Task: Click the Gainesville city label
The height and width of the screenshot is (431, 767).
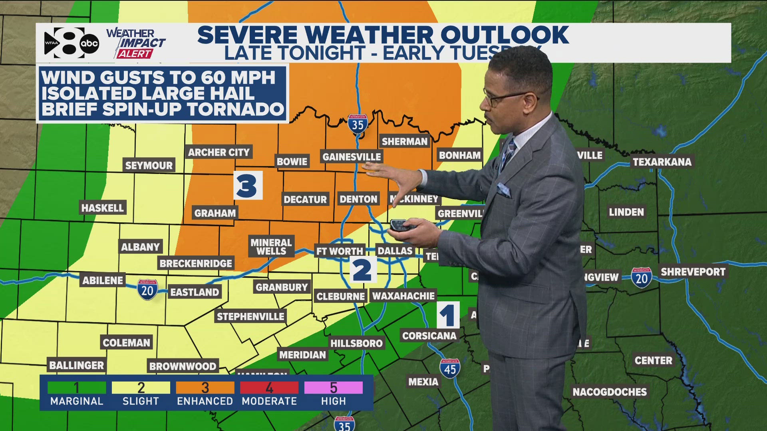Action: click(352, 157)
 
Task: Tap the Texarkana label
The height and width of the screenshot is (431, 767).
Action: click(662, 162)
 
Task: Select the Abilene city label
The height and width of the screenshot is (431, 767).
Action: click(103, 280)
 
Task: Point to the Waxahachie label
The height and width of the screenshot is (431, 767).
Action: click(403, 296)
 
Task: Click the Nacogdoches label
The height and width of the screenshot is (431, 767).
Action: click(609, 392)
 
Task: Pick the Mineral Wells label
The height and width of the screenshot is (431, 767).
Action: click(271, 247)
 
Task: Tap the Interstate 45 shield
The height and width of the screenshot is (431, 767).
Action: click(450, 368)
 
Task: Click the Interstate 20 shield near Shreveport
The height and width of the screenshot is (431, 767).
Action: click(642, 278)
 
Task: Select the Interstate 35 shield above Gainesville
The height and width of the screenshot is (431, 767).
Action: click(358, 124)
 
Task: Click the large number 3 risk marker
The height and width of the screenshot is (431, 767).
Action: click(248, 185)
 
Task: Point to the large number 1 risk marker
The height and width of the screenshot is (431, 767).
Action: click(448, 315)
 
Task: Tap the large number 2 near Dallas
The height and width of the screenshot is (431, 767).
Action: click(363, 270)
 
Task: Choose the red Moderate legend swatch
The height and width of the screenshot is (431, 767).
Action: click(269, 388)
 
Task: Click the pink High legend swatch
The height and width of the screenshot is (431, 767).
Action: click(334, 388)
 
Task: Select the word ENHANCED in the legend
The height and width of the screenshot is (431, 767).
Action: click(205, 401)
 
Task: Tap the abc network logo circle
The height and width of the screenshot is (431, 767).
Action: click(89, 44)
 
